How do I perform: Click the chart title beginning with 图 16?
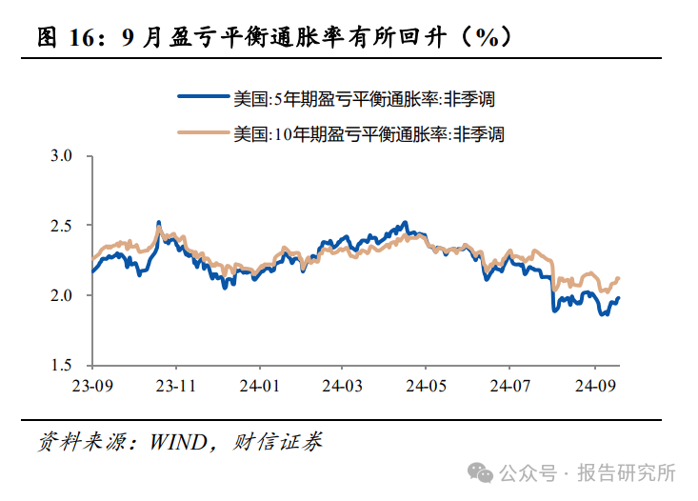[275, 37]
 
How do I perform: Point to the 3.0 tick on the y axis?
[62, 155]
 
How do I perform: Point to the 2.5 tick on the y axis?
[62, 226]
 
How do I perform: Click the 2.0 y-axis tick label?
[62, 295]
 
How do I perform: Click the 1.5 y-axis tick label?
[62, 366]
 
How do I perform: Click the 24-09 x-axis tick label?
[594, 386]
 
